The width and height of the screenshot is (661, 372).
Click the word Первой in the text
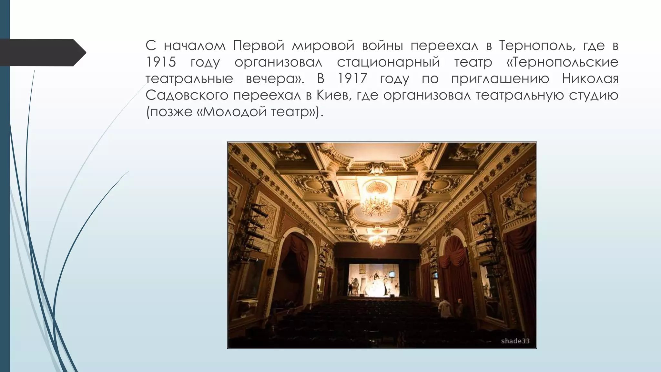click(259, 46)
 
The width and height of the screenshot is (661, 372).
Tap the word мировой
click(323, 46)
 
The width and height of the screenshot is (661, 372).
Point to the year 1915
click(161, 62)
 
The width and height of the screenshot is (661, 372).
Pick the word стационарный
click(388, 62)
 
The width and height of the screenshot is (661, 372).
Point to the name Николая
click(590, 79)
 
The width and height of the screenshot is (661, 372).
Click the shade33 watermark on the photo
click(515, 341)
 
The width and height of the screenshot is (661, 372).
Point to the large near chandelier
click(376, 201)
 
